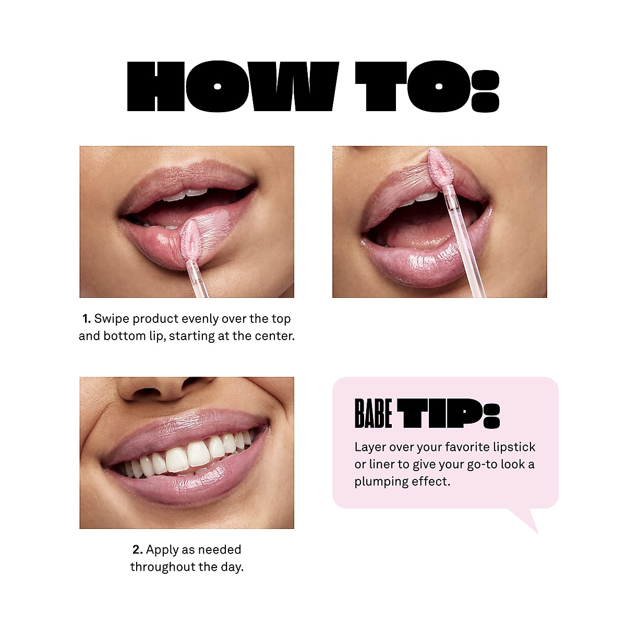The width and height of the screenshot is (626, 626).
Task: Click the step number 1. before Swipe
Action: pos(87,319)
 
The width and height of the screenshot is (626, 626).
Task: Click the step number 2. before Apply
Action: pos(138,550)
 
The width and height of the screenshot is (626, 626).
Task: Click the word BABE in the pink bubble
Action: pos(373,414)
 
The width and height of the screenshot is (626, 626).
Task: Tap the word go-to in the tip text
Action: pos(482,464)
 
